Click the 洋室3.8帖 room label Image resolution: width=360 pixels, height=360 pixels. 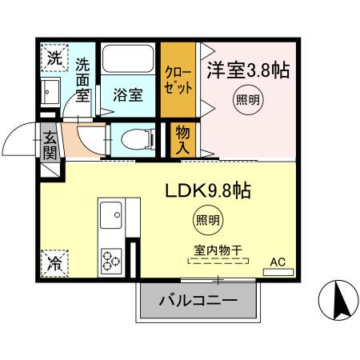pos(249,70)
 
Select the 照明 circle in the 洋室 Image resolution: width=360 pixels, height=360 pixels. pos(246,101)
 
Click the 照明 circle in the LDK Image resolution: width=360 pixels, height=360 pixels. pos(208,218)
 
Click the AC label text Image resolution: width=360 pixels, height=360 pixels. pos(278,261)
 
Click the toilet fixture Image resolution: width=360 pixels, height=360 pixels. pos(134,139)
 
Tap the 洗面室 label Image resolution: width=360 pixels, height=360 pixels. pos(83,78)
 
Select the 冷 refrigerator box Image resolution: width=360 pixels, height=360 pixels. pos(53,261)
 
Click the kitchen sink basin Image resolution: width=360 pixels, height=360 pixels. pos(110,213)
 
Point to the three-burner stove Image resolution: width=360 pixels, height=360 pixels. pos(110,261)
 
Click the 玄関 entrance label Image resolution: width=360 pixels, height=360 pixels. pos(50,145)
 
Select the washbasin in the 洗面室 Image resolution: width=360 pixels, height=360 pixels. pos(53,90)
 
